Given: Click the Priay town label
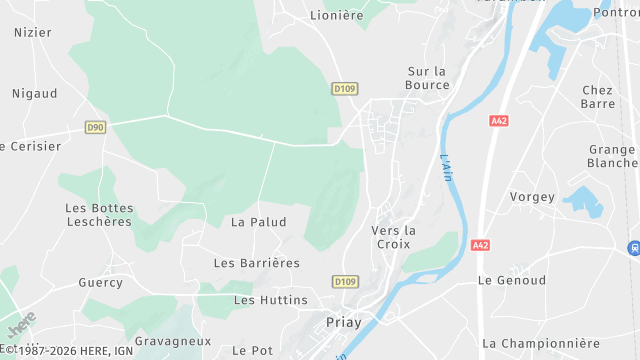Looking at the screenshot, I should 343,322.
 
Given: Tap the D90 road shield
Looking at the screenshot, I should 95,127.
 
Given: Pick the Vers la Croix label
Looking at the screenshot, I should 393,237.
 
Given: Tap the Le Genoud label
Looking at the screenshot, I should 512,281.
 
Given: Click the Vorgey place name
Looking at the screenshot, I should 532,197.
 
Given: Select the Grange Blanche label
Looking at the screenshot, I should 612,157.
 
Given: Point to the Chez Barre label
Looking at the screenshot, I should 597,97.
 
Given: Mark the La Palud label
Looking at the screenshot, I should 258,222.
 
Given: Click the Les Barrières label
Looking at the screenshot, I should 257,263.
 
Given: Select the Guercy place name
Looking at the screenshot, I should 101,283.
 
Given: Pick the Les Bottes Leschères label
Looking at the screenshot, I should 99,215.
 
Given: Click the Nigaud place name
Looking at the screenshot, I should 35,94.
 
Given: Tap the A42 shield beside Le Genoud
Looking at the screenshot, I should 480,245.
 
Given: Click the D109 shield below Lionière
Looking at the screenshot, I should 344,89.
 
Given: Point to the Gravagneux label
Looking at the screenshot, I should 173,341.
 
